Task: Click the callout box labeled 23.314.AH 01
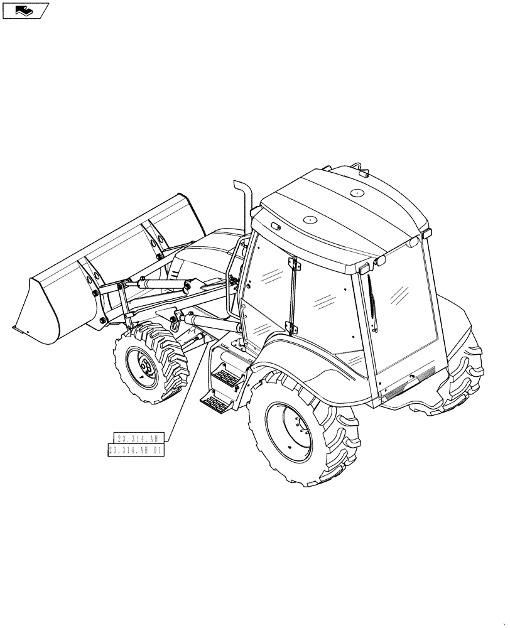(136, 450)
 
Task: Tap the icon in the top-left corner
(25, 10)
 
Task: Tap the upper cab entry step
(227, 377)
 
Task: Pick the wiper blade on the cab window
(373, 301)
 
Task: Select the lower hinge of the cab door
(290, 328)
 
